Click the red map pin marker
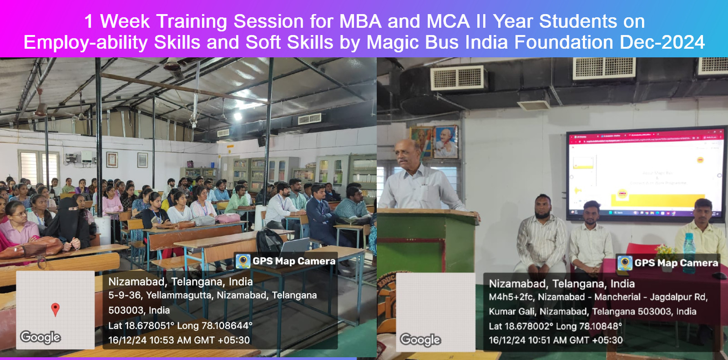(x=55, y=309)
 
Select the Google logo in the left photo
(x=40, y=337)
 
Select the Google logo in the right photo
(x=420, y=340)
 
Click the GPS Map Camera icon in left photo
(x=243, y=261)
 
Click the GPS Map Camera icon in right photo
(x=625, y=263)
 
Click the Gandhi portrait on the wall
(x=445, y=142)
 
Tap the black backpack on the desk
(x=269, y=241)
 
